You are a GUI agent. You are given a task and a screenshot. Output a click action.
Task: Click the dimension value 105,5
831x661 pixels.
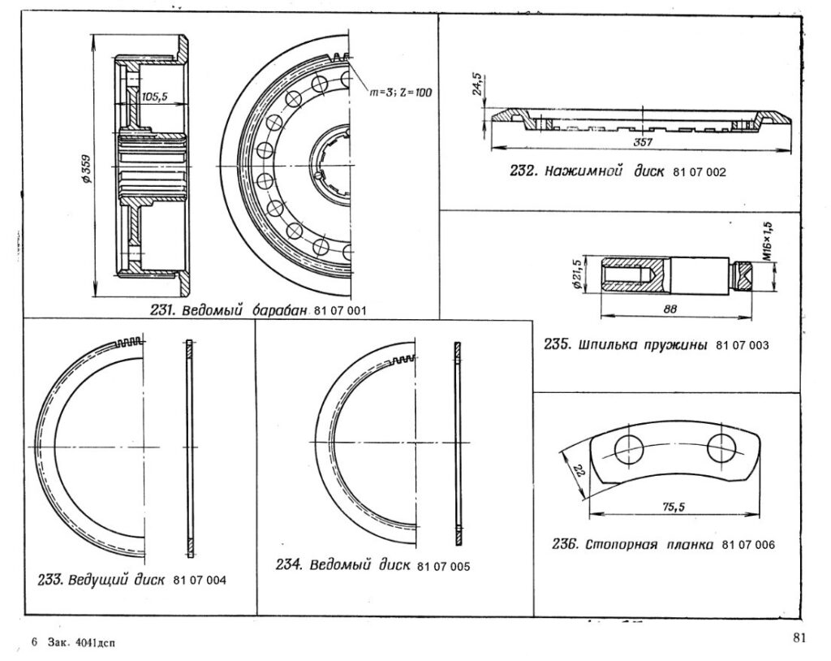[154, 96]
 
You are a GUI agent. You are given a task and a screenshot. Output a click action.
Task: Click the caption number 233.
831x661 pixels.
[50, 581]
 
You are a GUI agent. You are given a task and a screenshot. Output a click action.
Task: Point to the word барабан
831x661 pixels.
[273, 310]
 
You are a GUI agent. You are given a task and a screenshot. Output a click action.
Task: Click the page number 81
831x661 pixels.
[799, 637]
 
